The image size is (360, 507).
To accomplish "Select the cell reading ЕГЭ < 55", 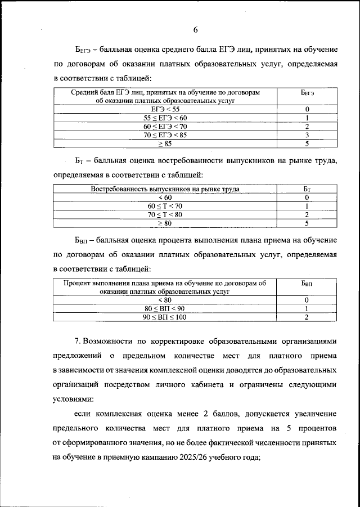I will [165, 109].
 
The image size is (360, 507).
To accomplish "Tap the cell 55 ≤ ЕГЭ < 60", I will [165, 118].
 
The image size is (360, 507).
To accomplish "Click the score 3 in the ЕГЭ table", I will [307, 135].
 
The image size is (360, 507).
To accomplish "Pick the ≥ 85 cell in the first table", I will [165, 144].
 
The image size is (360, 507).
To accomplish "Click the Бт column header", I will [307, 189].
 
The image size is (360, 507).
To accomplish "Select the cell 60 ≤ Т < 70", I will [165, 207].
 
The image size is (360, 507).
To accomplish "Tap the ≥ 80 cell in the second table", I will [165, 223].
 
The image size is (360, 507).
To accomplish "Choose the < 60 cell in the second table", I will [165, 198].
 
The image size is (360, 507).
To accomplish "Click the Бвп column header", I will [307, 284].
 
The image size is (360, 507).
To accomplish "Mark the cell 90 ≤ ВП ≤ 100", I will [165, 317].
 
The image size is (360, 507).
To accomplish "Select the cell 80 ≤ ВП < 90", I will [165, 309].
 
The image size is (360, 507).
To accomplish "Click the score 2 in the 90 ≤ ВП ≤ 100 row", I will [307, 317].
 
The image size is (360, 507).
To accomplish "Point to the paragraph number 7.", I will [78, 342].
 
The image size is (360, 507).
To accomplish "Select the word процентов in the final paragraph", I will [316, 429].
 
